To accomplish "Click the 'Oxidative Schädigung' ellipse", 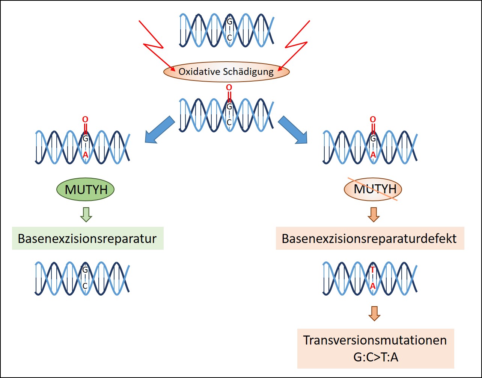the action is (226, 72).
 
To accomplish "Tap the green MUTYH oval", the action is (85, 189).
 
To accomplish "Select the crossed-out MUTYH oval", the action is (373, 189).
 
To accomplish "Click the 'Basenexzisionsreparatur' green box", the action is (88, 238).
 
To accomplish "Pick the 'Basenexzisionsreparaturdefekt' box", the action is (370, 238).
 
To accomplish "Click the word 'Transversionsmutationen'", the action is (375, 340).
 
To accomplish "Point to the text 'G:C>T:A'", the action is (376, 357).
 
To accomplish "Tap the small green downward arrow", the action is (86, 215).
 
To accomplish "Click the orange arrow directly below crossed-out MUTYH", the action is (374, 215).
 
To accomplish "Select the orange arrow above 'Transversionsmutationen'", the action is (374, 314).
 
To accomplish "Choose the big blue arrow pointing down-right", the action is (293, 130).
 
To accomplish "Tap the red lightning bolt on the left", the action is (157, 46).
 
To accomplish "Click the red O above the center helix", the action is (229, 87).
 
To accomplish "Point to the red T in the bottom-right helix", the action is (373, 270).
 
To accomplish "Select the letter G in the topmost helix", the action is (230, 21).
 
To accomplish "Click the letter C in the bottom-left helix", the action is (85, 286).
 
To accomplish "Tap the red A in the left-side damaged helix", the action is (85, 155).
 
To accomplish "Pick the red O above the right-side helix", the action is (373, 119).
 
